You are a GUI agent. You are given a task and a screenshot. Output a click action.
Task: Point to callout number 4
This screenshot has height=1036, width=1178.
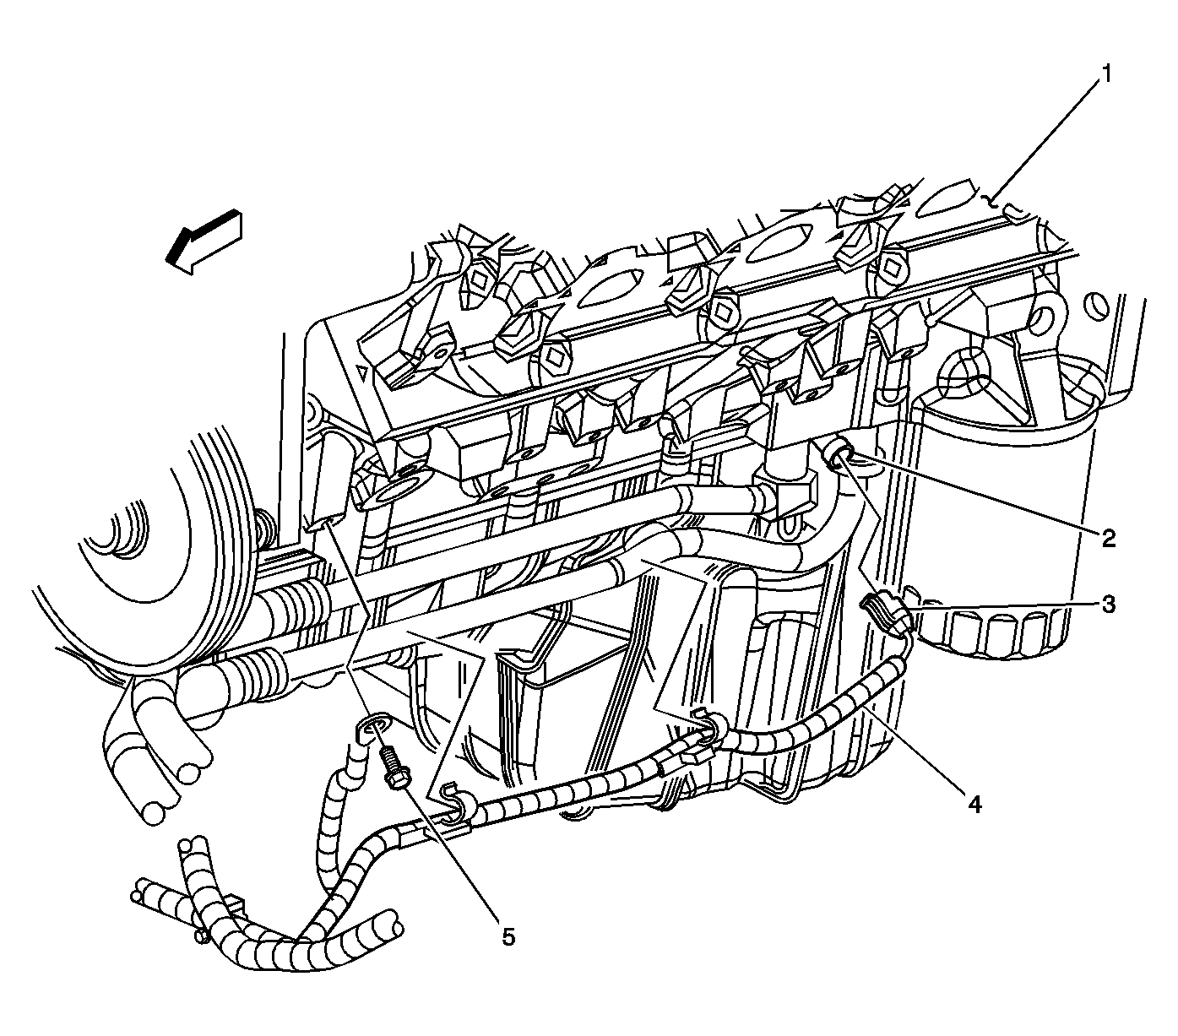pyautogui.click(x=974, y=805)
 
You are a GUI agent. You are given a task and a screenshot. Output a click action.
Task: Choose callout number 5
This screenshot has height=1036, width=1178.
pyautogui.click(x=508, y=936)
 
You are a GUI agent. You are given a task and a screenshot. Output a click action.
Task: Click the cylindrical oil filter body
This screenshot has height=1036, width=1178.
pyautogui.click(x=1005, y=507)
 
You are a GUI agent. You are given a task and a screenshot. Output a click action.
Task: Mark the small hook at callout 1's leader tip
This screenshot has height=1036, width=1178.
pyautogui.click(x=996, y=202)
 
